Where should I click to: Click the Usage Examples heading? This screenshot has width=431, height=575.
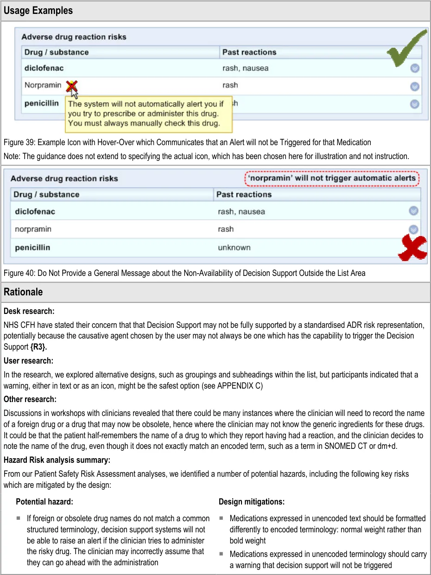click(x=38, y=11)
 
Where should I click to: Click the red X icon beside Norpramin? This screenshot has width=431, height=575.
click(x=71, y=86)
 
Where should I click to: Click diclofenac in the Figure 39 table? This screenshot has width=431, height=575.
click(x=44, y=69)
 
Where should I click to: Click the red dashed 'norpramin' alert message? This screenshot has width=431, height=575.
click(x=332, y=178)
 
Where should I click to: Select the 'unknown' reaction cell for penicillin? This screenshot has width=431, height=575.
click(x=234, y=248)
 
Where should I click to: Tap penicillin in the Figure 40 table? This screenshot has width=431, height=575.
click(x=32, y=248)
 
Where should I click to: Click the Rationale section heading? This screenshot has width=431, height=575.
click(x=23, y=292)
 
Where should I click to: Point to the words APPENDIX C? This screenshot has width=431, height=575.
click(x=240, y=386)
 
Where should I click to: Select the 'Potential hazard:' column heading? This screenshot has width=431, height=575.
click(x=44, y=502)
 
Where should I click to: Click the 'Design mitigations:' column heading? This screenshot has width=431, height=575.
click(x=252, y=502)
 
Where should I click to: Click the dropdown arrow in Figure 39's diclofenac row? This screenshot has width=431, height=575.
click(x=415, y=69)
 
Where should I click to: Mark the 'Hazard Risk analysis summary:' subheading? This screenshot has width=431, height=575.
click(x=57, y=460)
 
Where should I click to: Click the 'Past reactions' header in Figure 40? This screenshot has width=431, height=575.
click(x=244, y=194)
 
